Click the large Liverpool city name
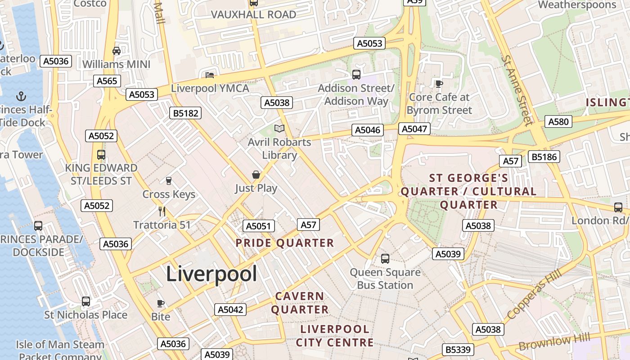point(211,274)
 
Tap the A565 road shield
point(107,81)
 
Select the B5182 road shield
point(186,113)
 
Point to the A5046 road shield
point(368,130)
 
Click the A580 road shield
point(558,121)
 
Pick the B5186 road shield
point(544,157)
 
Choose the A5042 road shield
point(230,310)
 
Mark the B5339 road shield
point(458,350)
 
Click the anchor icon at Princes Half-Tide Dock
point(21,96)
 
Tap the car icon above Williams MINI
point(117,51)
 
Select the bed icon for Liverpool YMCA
point(210,75)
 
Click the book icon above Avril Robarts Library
point(279,129)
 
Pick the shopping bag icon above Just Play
point(256,175)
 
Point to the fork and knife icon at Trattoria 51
point(162,211)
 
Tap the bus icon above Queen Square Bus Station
point(385,259)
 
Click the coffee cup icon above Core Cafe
point(439,84)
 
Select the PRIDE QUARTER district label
point(285,243)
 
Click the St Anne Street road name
point(517,90)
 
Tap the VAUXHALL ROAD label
point(253,14)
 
